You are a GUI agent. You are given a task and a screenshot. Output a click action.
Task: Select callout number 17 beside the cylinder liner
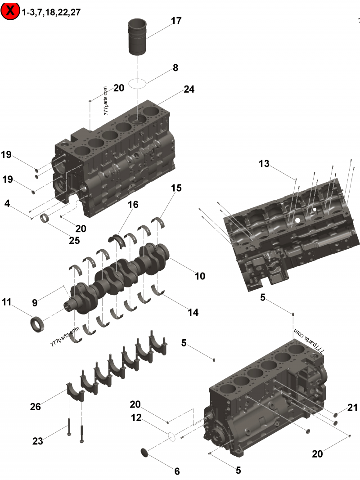(176, 21)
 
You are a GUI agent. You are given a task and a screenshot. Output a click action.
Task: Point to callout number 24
(189, 90)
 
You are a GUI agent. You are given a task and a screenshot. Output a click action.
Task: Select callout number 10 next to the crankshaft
(199, 276)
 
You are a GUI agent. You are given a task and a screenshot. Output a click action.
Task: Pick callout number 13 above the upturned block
(264, 164)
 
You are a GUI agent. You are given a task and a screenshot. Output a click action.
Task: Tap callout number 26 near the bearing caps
(35, 407)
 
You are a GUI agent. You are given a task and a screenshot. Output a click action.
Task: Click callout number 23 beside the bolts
(37, 441)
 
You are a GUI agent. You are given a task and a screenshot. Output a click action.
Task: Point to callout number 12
(136, 418)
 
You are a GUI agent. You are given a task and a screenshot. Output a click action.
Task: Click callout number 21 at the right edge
(352, 408)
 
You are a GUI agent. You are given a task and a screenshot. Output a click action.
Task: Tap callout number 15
(176, 188)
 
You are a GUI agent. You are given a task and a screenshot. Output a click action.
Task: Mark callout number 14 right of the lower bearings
(193, 312)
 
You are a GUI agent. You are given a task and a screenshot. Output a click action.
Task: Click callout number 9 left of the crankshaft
(34, 303)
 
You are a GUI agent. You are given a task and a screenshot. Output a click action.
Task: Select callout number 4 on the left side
(7, 203)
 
